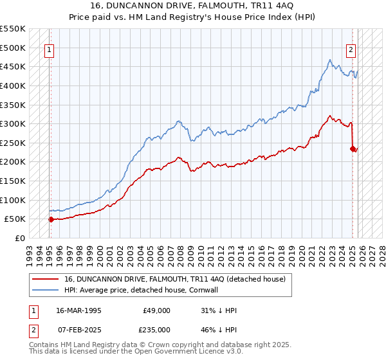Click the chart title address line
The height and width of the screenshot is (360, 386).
coord(192,6)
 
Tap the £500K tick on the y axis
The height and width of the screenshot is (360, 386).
coord(13,48)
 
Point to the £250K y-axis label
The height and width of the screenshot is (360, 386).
coord(13,143)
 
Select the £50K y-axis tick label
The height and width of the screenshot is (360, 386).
coord(15,219)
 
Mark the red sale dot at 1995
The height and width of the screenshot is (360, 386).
coord(51,219)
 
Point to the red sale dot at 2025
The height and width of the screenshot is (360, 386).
coord(353,148)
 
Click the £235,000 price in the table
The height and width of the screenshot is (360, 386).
coord(156,330)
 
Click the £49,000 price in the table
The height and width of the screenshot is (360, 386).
coord(156,310)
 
